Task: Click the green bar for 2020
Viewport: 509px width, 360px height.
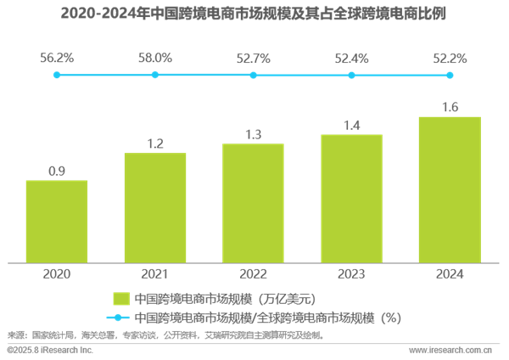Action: point(57,221)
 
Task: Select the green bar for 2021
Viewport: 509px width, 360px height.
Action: point(155,207)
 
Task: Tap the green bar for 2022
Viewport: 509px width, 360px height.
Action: point(253,203)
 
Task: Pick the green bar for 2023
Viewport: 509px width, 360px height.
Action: point(351,198)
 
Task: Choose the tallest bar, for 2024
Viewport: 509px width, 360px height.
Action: point(450,189)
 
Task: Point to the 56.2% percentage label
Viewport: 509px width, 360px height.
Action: point(57,58)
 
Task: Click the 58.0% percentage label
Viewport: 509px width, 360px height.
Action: point(155,58)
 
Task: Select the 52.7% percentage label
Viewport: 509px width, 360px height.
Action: point(253,59)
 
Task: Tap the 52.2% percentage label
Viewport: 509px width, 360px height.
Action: point(450,59)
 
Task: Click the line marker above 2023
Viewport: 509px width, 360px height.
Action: point(351,75)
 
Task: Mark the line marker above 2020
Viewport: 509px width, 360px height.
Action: point(57,75)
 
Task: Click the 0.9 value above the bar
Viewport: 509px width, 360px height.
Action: point(57,171)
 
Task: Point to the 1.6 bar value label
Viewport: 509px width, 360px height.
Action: point(450,107)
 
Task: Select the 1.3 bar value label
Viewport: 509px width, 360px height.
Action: point(253,134)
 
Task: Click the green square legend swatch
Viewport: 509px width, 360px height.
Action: point(120,298)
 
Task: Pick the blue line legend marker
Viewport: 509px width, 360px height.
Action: point(120,318)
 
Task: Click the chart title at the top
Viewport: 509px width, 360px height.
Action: point(255,14)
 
